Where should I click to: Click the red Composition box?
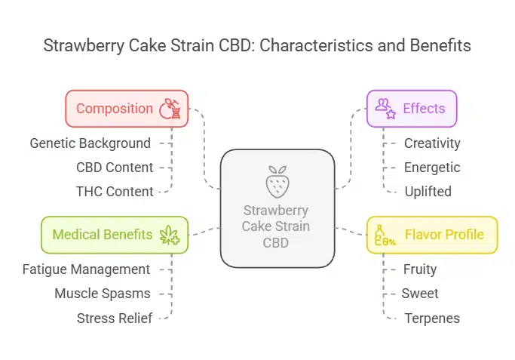pos(127,109)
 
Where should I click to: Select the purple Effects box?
pos(412,109)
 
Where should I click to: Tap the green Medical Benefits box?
pos(113,235)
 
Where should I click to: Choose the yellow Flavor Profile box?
pos(432,235)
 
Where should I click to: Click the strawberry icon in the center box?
pos(277,183)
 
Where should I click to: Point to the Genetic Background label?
pos(90,143)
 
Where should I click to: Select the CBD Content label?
pos(115,167)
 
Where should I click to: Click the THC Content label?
pos(115,191)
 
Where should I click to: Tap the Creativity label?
pos(432,143)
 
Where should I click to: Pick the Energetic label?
pos(432,167)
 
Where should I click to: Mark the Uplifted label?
pos(428,191)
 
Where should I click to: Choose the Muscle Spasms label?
pos(103,293)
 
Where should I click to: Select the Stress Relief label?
pos(115,318)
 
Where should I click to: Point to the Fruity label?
pos(420,269)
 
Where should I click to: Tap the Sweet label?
pos(421,293)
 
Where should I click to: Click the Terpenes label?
pos(432,318)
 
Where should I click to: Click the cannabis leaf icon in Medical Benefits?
pos(170,235)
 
